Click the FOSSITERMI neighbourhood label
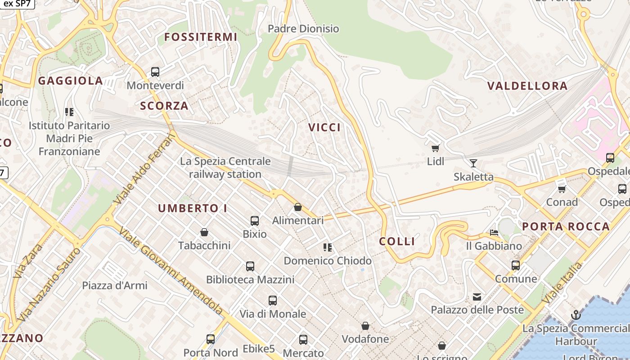[x=200, y=37]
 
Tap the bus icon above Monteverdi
[x=155, y=72]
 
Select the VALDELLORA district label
[x=527, y=86]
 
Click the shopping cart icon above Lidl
[x=435, y=148]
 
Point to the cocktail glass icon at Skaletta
[x=473, y=163]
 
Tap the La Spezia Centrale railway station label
[x=225, y=167]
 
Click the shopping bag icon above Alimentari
[x=297, y=207]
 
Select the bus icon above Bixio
[x=255, y=220]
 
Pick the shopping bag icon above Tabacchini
[x=204, y=232]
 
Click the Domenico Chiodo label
[x=328, y=261]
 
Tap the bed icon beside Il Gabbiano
[x=494, y=233]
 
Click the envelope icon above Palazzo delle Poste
[x=477, y=297]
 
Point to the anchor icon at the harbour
[x=576, y=315]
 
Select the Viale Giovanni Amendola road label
[x=171, y=270]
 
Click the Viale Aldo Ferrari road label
[x=143, y=169]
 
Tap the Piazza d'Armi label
[x=114, y=285]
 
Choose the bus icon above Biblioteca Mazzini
[x=250, y=266]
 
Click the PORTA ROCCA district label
[x=566, y=226]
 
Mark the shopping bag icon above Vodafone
[x=365, y=325]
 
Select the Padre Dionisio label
[x=303, y=29]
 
